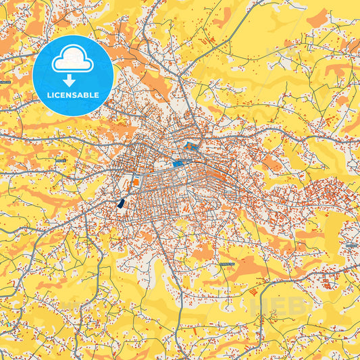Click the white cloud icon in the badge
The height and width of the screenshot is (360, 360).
72,60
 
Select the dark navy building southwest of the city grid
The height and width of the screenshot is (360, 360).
122,202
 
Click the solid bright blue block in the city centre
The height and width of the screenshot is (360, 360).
178,163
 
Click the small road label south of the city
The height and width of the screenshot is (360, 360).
226,262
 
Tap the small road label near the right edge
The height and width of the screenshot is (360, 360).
349,245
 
